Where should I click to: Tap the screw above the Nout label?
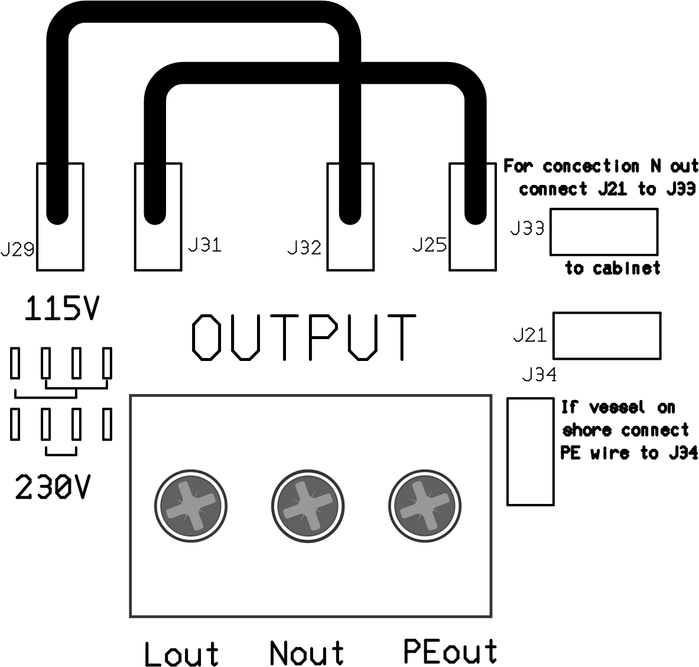click(307, 506)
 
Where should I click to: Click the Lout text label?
click(181, 654)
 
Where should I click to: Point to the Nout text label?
click(307, 653)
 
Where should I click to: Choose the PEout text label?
click(450, 651)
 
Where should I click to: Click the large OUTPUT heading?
click(304, 337)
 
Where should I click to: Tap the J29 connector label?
click(17, 250)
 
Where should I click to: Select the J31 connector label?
click(204, 245)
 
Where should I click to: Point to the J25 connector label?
click(430, 245)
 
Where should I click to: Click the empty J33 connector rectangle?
click(604, 232)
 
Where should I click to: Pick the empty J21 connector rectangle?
click(606, 336)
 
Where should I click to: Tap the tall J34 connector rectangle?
click(531, 451)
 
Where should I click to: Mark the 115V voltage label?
click(61, 310)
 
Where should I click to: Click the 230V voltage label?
click(54, 487)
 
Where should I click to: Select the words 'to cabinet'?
click(612, 268)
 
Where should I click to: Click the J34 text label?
click(539, 375)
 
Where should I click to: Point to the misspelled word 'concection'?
click(591, 167)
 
